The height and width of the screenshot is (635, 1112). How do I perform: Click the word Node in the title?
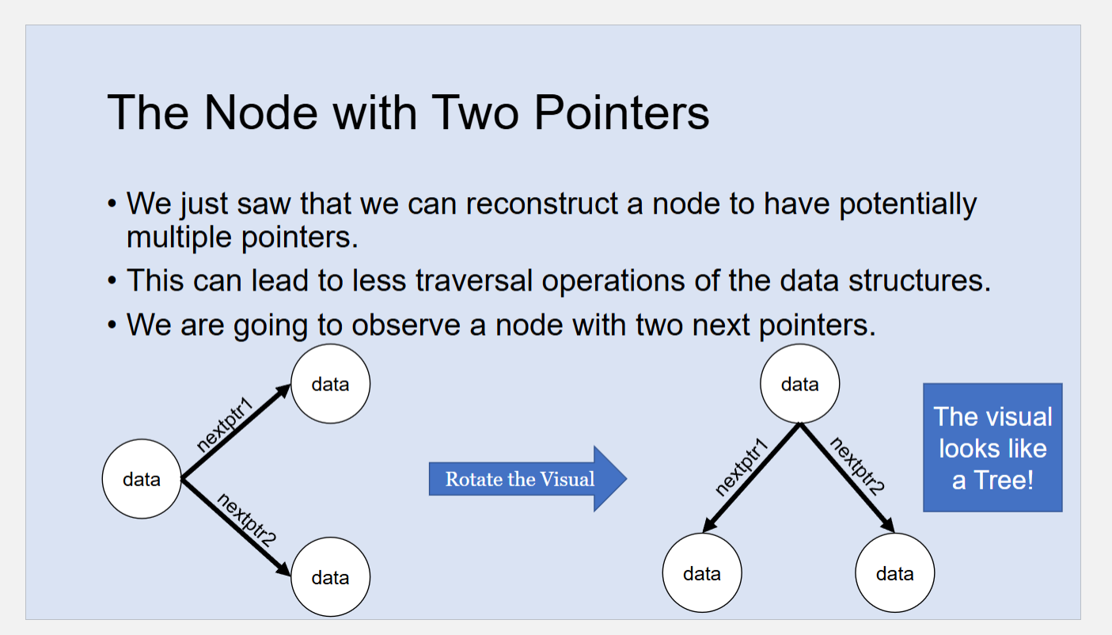tap(260, 112)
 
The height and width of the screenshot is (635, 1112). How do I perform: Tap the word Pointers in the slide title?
tap(621, 112)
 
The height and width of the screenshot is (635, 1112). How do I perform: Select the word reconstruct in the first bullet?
tap(542, 203)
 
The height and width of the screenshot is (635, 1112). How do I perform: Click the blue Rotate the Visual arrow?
tap(528, 478)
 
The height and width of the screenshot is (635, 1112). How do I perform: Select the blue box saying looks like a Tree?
tap(992, 447)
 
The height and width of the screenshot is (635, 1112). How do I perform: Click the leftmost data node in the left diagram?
tap(142, 479)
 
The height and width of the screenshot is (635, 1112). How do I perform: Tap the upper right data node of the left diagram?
tap(331, 384)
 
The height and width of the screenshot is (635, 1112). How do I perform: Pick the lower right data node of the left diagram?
tap(331, 577)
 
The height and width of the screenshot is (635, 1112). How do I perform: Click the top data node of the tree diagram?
tap(799, 384)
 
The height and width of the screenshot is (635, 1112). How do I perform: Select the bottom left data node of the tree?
tap(702, 573)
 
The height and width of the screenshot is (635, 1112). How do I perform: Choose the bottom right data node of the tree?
tap(895, 573)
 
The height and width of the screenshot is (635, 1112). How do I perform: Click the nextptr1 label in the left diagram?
tap(225, 424)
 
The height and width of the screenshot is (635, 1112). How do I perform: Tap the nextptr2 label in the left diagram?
tap(247, 520)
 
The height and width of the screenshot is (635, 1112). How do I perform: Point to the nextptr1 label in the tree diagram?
tap(742, 467)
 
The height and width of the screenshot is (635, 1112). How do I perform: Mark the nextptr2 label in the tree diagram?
tap(857, 466)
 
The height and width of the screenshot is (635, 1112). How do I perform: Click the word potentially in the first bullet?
tap(908, 203)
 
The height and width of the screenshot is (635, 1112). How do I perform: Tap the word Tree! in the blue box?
tap(1004, 480)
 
